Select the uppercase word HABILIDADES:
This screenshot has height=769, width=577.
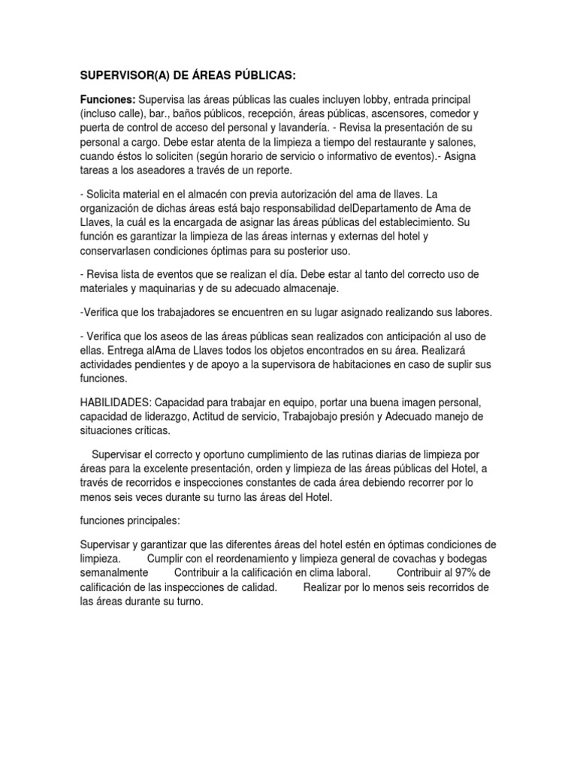(114, 403)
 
